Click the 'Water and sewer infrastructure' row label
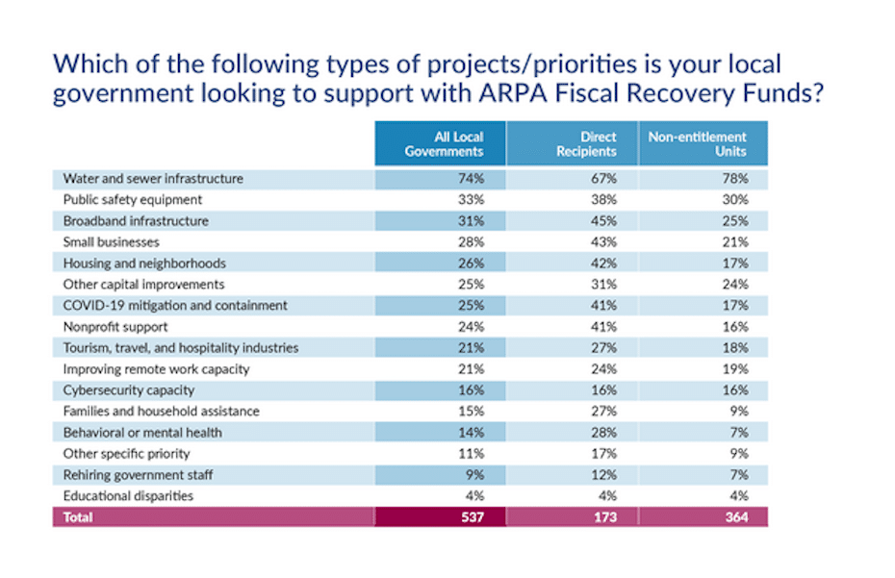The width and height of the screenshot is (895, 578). click(153, 179)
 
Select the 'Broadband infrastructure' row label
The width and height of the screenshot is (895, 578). click(136, 221)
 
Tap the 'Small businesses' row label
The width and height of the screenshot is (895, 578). click(111, 242)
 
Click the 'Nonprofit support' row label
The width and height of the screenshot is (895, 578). click(115, 327)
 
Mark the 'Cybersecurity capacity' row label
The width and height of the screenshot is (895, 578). click(128, 390)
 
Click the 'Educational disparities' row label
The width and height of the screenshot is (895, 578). click(128, 496)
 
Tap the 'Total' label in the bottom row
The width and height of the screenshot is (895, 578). click(78, 517)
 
